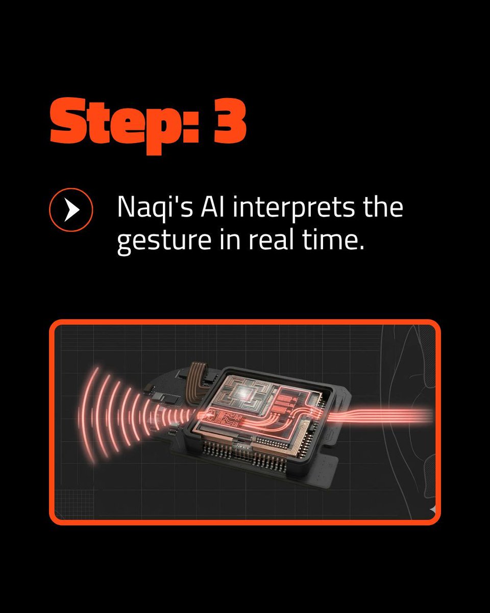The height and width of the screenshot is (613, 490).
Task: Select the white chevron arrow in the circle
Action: click(72, 210)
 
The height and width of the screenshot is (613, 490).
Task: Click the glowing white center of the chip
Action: click(243, 392)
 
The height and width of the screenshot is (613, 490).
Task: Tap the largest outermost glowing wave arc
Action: click(86, 416)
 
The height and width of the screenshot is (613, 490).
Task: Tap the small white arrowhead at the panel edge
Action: click(432, 510)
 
